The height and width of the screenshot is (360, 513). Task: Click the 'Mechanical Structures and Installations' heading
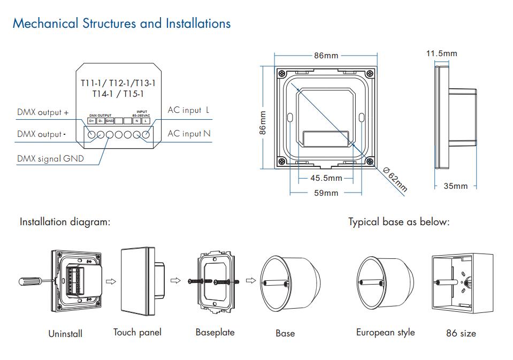(x=121, y=24)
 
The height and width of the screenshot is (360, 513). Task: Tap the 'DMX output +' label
(x=43, y=112)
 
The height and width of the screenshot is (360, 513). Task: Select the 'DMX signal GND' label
(x=50, y=158)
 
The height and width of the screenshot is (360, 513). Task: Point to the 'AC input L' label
(x=189, y=110)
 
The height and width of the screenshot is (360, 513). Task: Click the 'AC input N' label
(x=189, y=134)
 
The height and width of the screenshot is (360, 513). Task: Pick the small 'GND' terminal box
(x=110, y=121)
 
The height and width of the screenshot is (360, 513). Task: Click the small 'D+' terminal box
(x=91, y=121)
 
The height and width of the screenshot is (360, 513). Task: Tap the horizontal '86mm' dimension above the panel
(x=326, y=56)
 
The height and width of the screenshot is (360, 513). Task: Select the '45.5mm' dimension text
(x=326, y=178)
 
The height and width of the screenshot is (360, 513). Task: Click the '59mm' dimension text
(x=326, y=193)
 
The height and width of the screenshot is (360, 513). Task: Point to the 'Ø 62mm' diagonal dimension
(x=395, y=180)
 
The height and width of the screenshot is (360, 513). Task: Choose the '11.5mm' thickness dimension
(x=441, y=53)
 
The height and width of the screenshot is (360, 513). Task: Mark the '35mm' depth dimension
(x=456, y=186)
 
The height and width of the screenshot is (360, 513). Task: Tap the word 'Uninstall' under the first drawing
(x=65, y=333)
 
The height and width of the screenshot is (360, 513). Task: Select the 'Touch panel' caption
(x=137, y=332)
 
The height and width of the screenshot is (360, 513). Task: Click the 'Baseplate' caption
(x=215, y=332)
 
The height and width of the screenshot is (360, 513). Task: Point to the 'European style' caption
(x=385, y=332)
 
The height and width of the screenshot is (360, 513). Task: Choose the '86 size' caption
(x=461, y=333)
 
